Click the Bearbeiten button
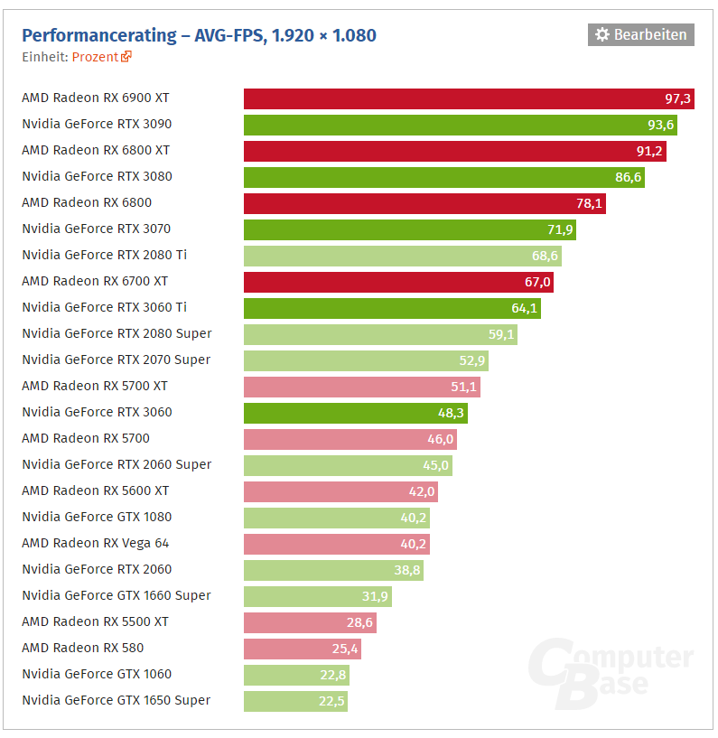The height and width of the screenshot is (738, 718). click(641, 35)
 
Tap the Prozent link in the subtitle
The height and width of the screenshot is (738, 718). click(96, 56)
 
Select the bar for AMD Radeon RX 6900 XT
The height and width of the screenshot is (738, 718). click(452, 98)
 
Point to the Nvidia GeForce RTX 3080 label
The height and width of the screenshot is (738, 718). click(97, 176)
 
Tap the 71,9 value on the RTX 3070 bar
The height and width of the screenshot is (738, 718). click(556, 229)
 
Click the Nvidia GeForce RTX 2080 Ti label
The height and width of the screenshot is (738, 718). click(105, 255)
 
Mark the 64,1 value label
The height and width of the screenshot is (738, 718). click(524, 308)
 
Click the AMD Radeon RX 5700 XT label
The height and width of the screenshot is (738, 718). click(95, 386)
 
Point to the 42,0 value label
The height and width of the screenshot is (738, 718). click(422, 491)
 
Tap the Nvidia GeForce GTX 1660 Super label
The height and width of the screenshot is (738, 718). click(117, 595)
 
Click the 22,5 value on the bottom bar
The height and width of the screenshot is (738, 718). click(330, 701)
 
